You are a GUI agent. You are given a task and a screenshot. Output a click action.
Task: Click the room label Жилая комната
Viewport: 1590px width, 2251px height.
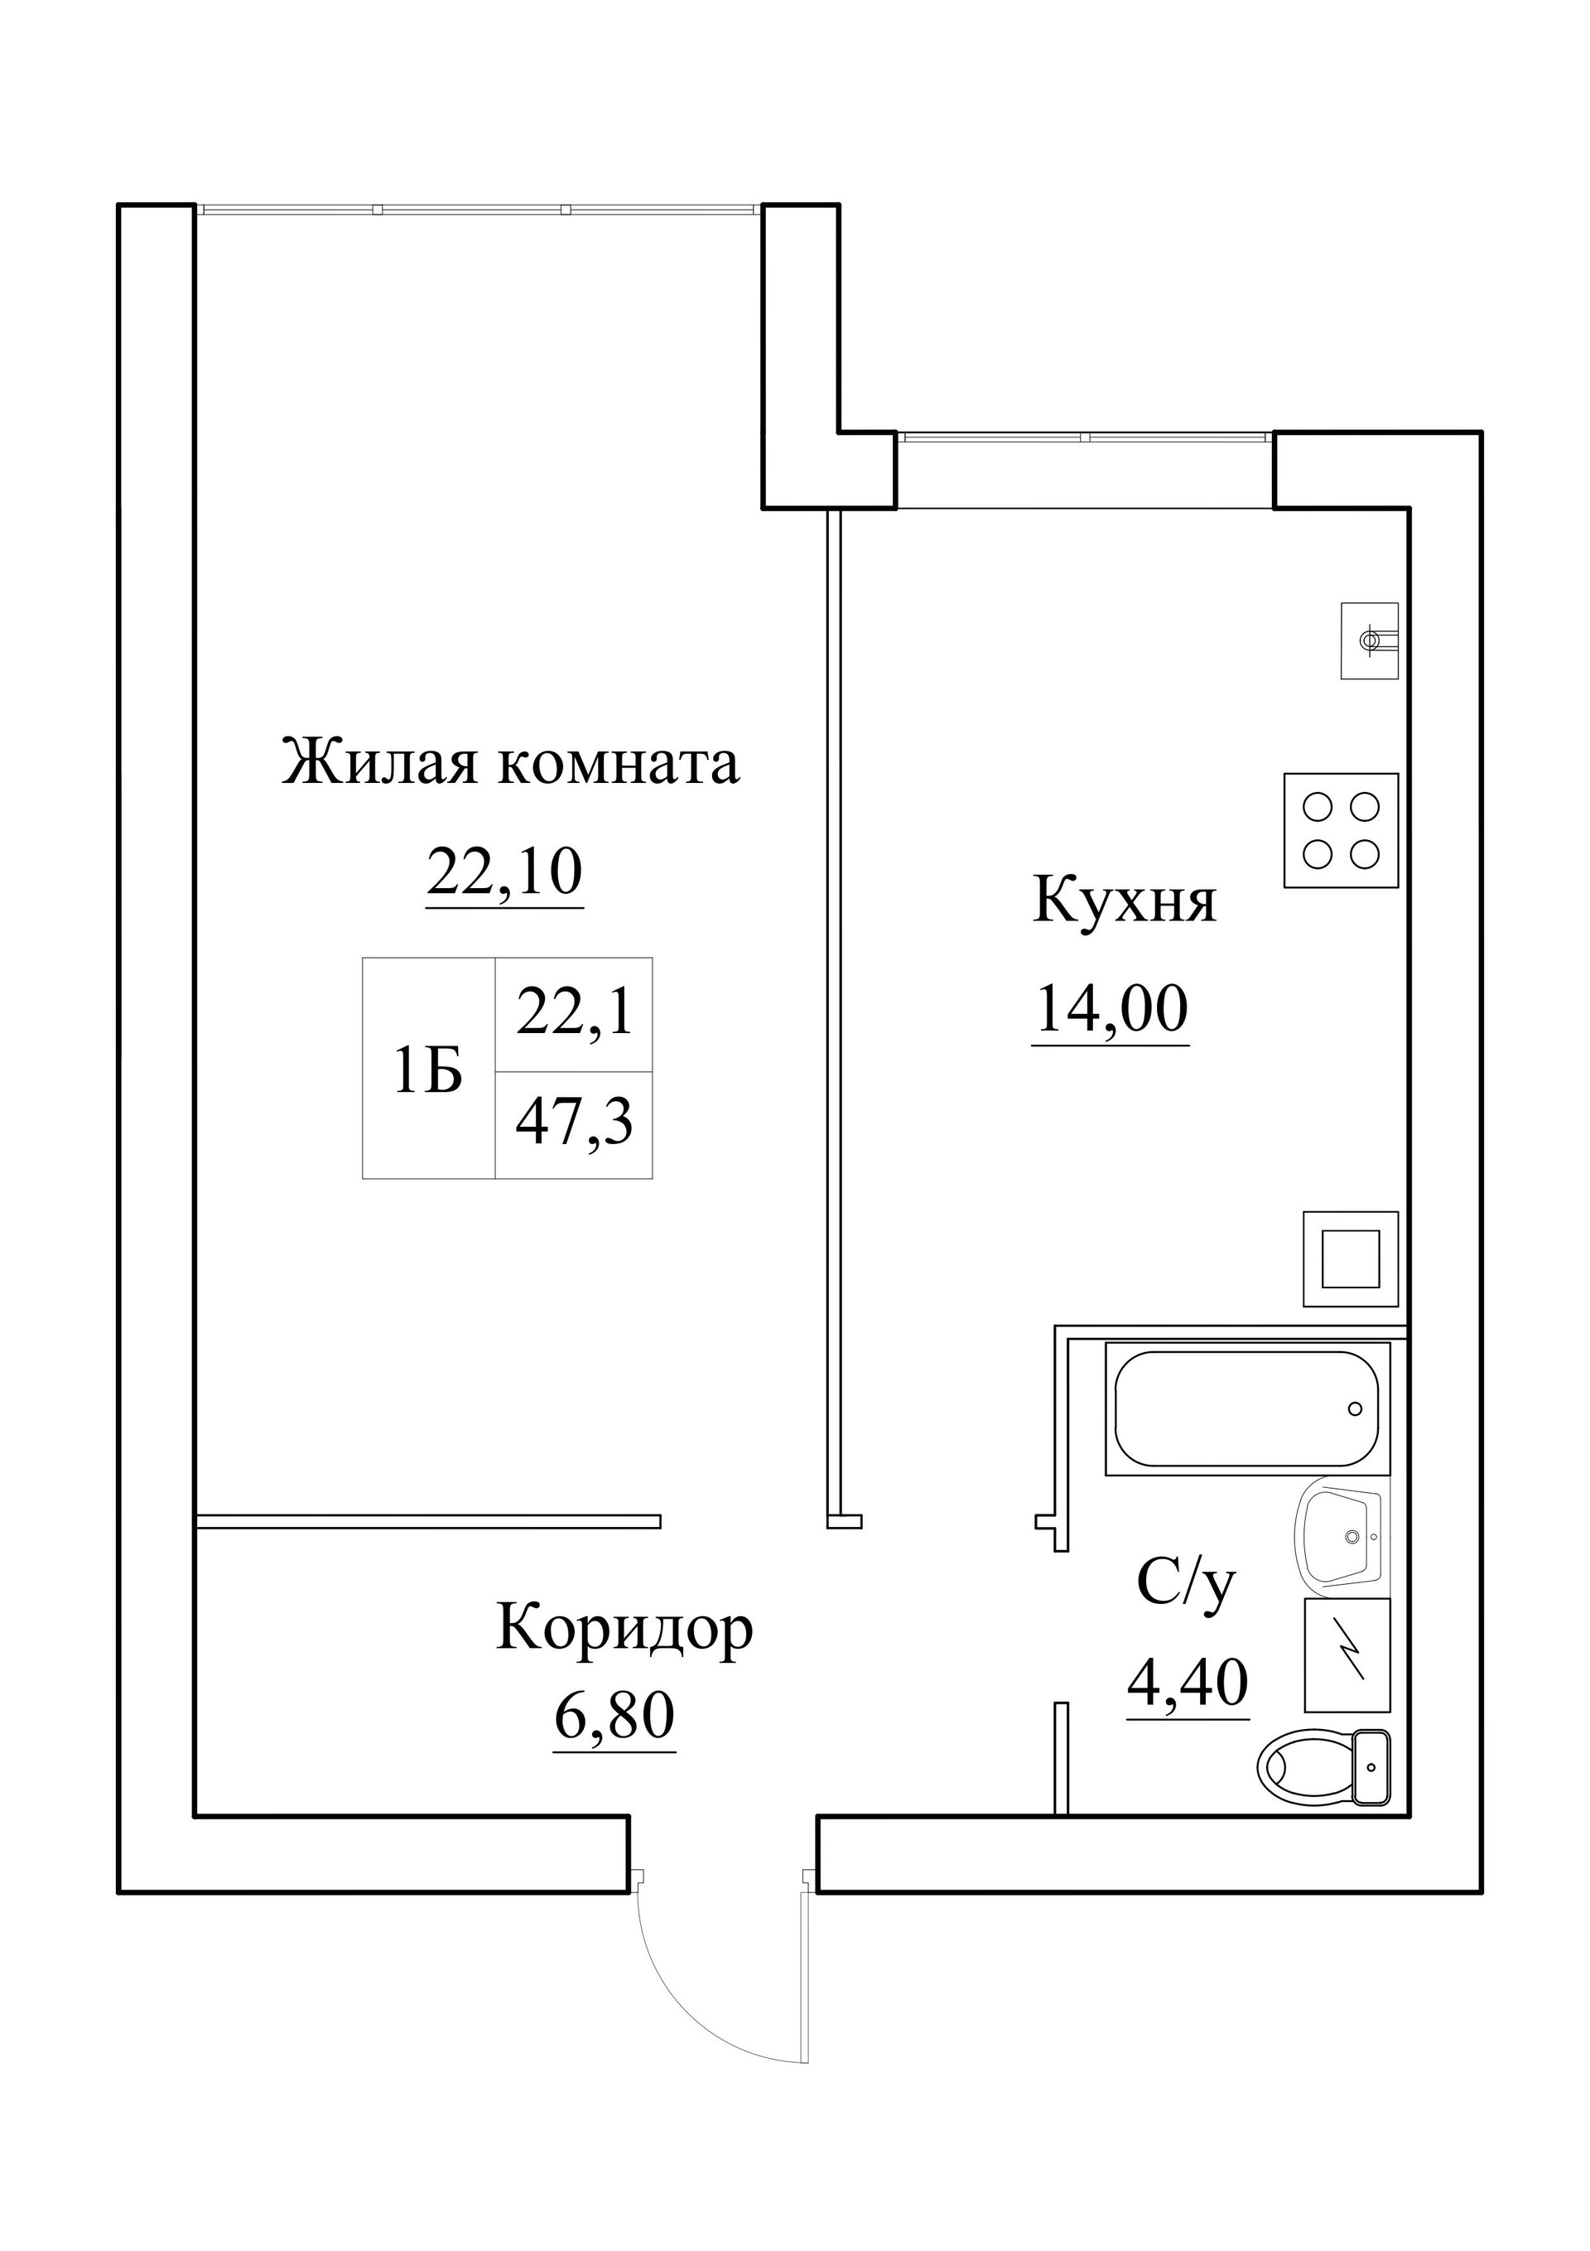pos(510,764)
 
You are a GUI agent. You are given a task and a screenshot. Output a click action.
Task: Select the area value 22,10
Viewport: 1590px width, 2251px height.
pos(505,872)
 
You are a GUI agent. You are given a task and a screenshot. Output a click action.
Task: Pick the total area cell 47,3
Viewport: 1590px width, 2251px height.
pos(575,1123)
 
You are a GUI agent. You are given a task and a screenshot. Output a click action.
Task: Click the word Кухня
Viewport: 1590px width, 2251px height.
pos(1125,901)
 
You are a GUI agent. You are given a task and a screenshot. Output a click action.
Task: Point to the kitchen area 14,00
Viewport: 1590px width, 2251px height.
pos(1111,1010)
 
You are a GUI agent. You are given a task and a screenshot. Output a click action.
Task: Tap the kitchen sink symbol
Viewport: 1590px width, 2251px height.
pos(1370,640)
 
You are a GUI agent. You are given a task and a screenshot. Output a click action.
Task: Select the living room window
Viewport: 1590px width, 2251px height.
pos(479,209)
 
